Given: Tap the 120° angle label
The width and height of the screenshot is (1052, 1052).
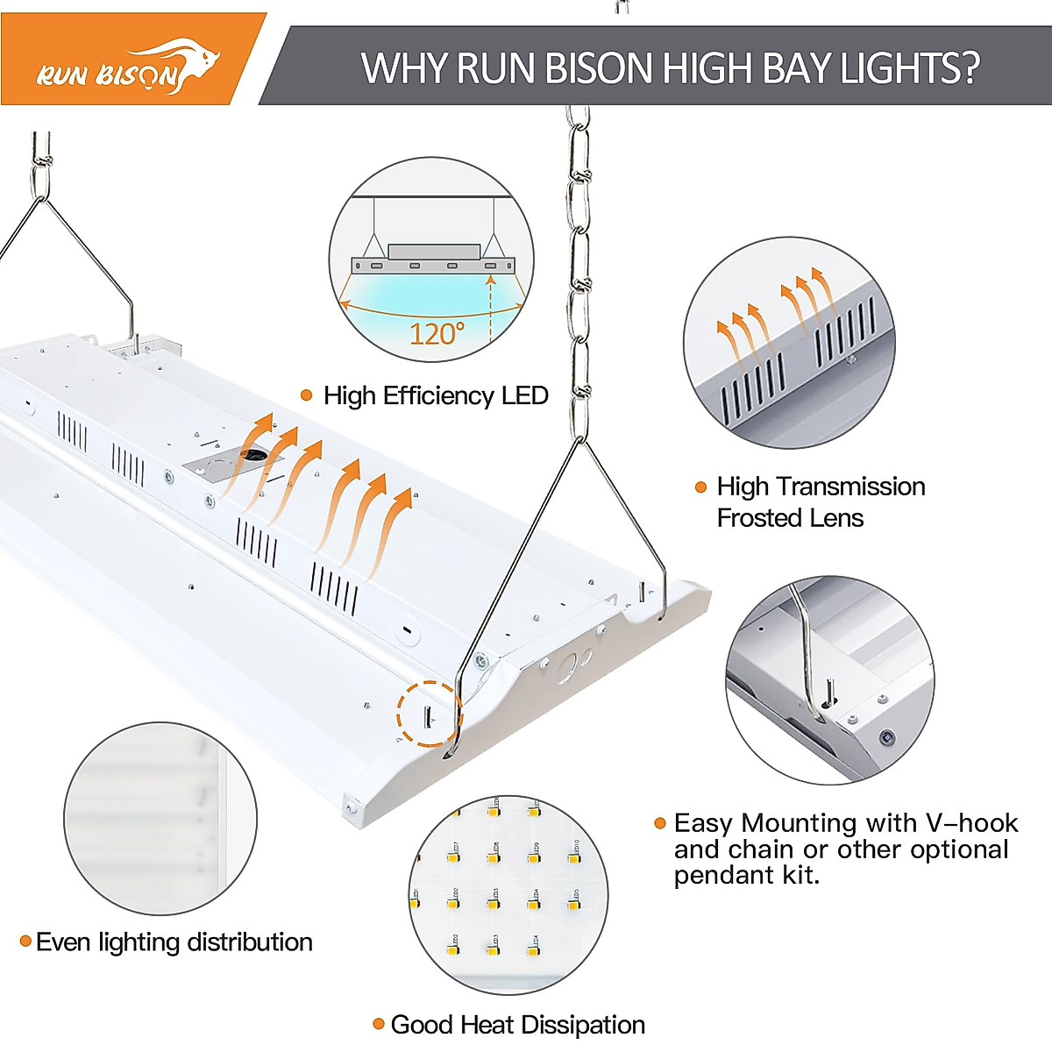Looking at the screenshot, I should [437, 334].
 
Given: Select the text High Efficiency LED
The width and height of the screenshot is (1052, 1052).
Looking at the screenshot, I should [436, 395].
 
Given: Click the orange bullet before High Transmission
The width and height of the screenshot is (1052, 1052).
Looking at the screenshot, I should [700, 487].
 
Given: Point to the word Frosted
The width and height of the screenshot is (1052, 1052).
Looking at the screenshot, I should [760, 518].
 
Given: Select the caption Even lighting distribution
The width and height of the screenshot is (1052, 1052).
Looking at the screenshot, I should [174, 942].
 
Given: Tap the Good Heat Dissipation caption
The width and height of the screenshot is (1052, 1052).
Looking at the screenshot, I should [517, 1024].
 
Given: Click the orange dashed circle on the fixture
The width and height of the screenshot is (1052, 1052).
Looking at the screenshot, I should [429, 714].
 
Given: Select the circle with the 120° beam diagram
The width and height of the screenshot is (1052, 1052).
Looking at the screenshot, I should [431, 259].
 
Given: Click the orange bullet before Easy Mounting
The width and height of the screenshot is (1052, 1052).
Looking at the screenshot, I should [660, 823].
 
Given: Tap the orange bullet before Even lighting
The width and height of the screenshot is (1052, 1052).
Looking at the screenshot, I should [25, 942].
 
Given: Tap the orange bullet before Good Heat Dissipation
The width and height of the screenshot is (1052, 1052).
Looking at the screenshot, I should [379, 1024].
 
